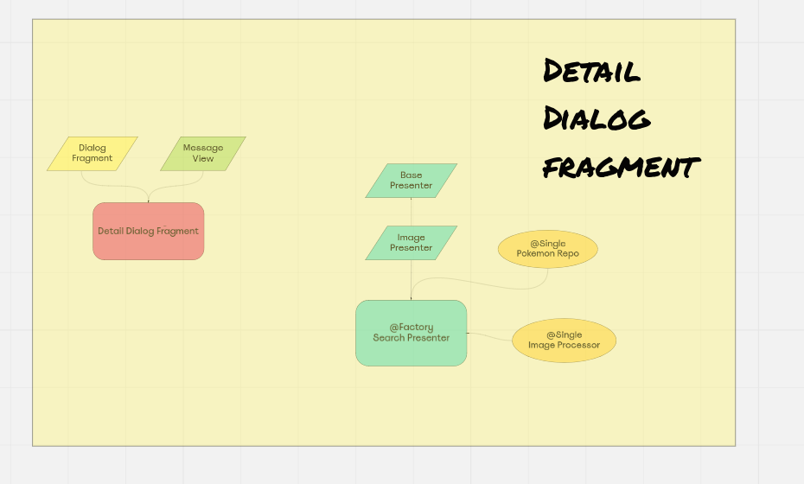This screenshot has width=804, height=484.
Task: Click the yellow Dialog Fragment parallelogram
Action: [92, 153]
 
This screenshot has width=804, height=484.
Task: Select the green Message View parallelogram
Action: [203, 153]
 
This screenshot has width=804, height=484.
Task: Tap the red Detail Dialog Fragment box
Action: [148, 231]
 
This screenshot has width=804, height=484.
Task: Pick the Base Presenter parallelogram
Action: [411, 181]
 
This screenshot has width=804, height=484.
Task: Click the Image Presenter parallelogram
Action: [411, 243]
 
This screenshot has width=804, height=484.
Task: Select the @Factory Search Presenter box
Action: [411, 333]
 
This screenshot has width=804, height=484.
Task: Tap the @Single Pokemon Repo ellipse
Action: [547, 249]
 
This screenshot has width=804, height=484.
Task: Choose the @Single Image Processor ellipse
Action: [564, 341]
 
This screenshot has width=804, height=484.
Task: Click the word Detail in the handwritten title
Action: [591, 71]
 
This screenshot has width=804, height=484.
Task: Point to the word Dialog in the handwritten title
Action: [596, 118]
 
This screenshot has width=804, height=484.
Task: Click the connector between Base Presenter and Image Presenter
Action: [411, 212]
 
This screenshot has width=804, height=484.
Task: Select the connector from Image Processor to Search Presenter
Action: [489, 335]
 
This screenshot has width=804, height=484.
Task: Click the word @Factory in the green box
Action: [411, 328]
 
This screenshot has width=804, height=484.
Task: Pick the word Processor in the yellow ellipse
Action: [579, 346]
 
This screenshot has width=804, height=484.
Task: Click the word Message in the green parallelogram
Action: [203, 148]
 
